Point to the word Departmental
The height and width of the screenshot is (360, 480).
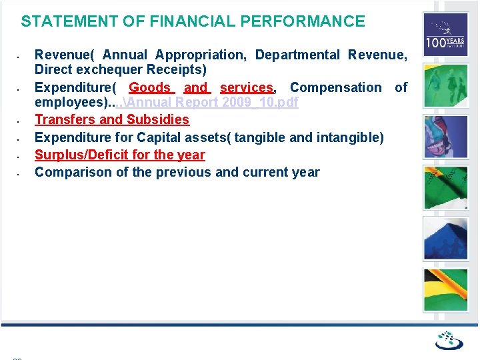(297, 55)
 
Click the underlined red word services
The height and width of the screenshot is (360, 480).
(246, 87)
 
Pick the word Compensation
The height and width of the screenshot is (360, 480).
(335, 87)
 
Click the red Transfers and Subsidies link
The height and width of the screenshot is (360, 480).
(112, 120)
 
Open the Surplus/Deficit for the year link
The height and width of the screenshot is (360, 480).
(119, 155)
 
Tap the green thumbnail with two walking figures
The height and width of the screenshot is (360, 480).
(445, 85)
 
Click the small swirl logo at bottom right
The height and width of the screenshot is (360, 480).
(449, 341)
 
